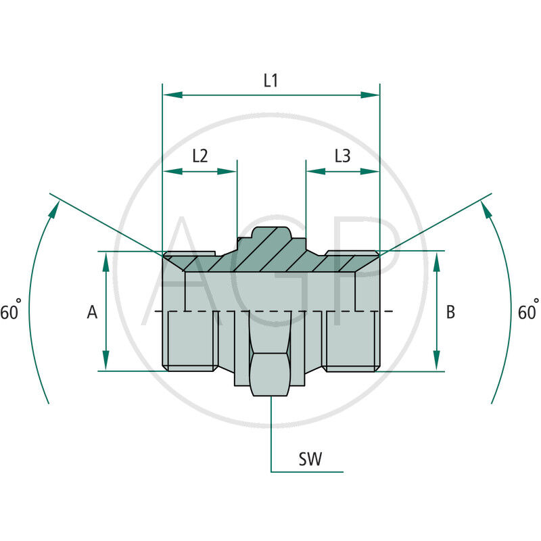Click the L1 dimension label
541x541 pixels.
(x=270, y=80)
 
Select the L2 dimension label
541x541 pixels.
(x=200, y=156)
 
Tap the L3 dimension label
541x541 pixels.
(x=343, y=156)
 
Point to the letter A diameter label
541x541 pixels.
(x=93, y=312)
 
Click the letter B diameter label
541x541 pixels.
(x=451, y=312)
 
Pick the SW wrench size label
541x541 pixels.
(x=310, y=460)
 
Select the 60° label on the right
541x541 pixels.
(x=528, y=312)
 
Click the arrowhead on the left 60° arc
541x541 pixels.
(x=51, y=209)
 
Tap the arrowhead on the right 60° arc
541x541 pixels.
(x=488, y=209)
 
